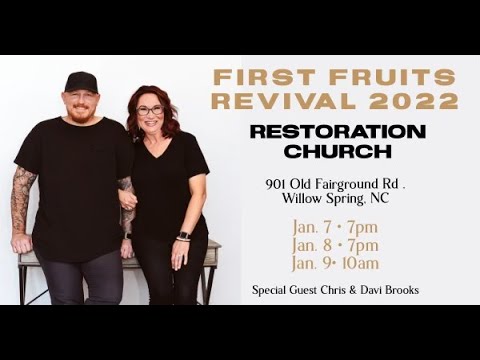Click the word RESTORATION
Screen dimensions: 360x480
pos(337,132)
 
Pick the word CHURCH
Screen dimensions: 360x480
pos(337,151)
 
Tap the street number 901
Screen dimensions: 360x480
pos(277,184)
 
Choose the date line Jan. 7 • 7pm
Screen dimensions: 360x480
pos(335,227)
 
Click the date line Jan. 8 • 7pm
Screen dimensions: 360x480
pos(335,245)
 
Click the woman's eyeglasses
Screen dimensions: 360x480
pos(149,110)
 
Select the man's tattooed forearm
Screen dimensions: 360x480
pos(22,200)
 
